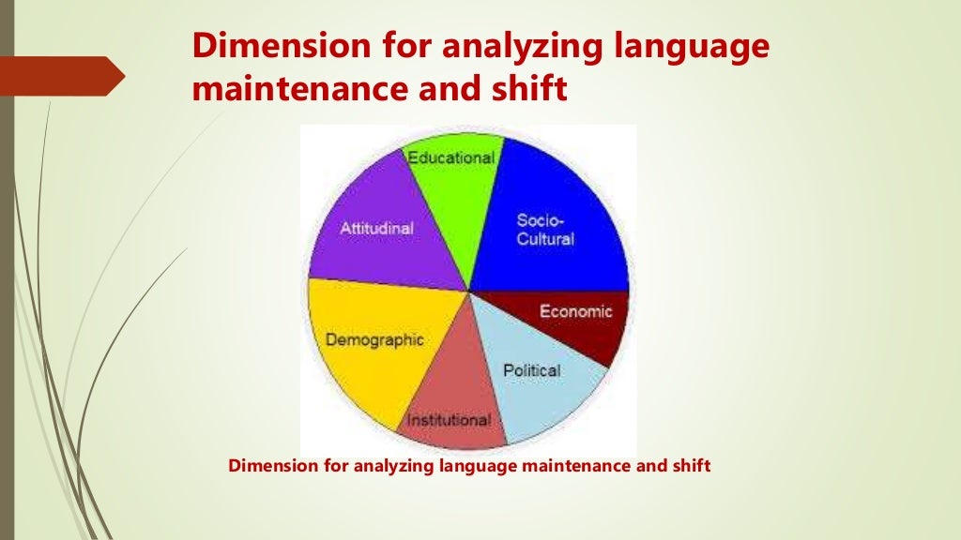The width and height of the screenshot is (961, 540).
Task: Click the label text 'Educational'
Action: pyautogui.click(x=450, y=157)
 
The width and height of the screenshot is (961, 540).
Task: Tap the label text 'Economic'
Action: pyautogui.click(x=575, y=311)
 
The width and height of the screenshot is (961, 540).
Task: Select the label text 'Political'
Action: pyautogui.click(x=531, y=370)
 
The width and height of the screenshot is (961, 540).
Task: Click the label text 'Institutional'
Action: pyautogui.click(x=448, y=420)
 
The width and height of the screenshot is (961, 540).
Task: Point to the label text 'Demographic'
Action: pyautogui.click(x=374, y=339)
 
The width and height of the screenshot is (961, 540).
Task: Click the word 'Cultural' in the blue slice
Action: pyautogui.click(x=545, y=238)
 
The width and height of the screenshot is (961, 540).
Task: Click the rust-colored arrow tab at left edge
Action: pyautogui.click(x=61, y=75)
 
